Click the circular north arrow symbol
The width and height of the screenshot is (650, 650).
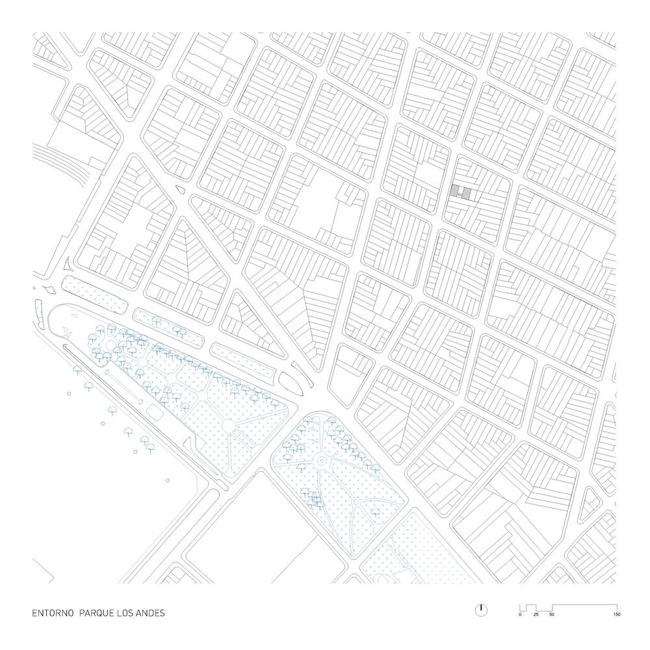(x=481, y=610)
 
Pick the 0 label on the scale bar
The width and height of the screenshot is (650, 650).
(x=520, y=614)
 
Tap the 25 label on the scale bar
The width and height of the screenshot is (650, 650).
(x=536, y=614)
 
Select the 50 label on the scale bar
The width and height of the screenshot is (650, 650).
(x=552, y=614)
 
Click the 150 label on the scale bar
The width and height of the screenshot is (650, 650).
(x=614, y=614)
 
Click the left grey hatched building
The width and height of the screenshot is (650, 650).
(x=454, y=190)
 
